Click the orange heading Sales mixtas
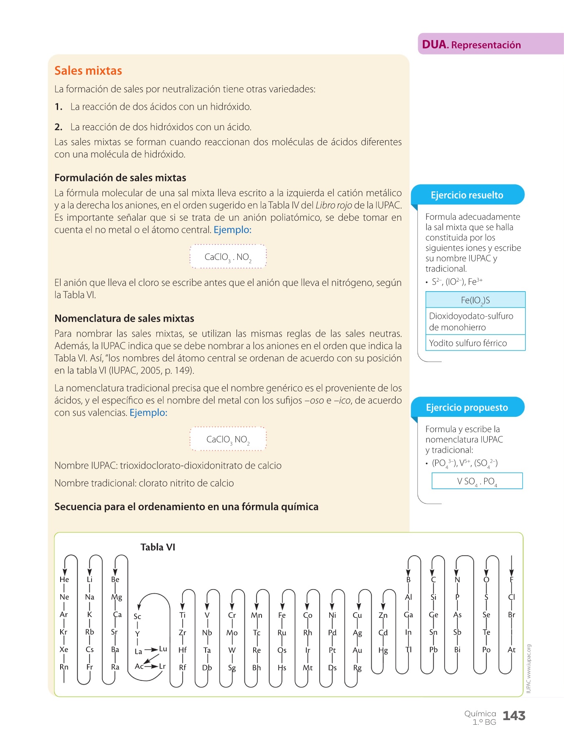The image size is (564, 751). point(88,71)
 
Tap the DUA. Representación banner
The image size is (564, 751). point(471,45)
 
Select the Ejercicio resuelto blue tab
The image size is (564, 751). point(467,195)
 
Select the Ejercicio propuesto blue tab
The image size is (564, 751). point(467,407)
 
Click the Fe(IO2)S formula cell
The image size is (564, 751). point(475,300)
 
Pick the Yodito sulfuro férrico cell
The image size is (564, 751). point(468,343)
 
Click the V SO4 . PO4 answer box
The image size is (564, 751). point(477,481)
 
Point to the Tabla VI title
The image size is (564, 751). point(158,547)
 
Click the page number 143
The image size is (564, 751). point(513,716)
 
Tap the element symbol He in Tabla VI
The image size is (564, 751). point(64,580)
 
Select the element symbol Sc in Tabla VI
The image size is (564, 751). point(137,616)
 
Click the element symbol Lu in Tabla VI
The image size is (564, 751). point(163,649)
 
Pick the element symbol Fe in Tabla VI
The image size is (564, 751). point(282,615)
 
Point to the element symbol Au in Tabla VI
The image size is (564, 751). point(357,650)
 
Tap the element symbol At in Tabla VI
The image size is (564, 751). point(511,650)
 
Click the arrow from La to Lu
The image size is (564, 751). point(151,650)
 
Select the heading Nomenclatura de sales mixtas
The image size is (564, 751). point(124,318)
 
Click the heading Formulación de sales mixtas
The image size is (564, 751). point(120,178)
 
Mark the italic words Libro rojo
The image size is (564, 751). point(333,205)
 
